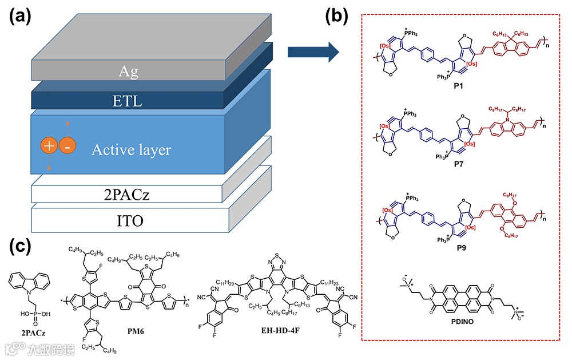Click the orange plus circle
point(50,146)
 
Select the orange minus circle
point(67,146)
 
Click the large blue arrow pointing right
point(312,53)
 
